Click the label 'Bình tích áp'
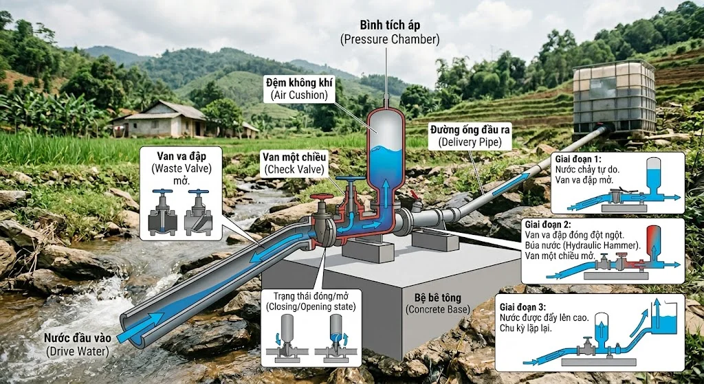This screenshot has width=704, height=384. point(389,26)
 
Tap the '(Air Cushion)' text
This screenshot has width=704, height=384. point(298,95)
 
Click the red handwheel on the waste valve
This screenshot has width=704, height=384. point(322,199)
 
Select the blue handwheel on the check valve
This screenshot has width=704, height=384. point(350,181)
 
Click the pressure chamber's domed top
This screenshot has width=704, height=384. point(386,115)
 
